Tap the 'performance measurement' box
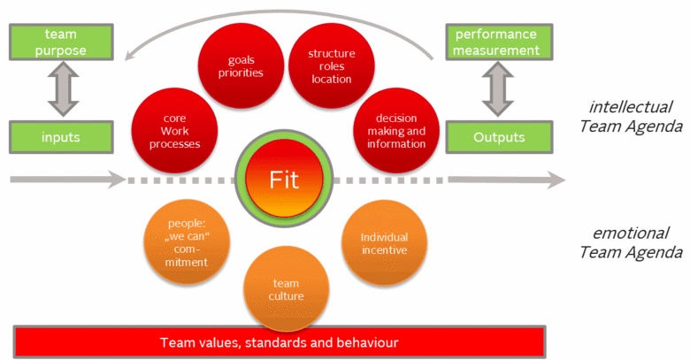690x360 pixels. (495, 42)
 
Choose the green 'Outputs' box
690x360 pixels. (497, 137)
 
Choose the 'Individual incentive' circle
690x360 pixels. (383, 243)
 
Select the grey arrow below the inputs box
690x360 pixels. (66, 180)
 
